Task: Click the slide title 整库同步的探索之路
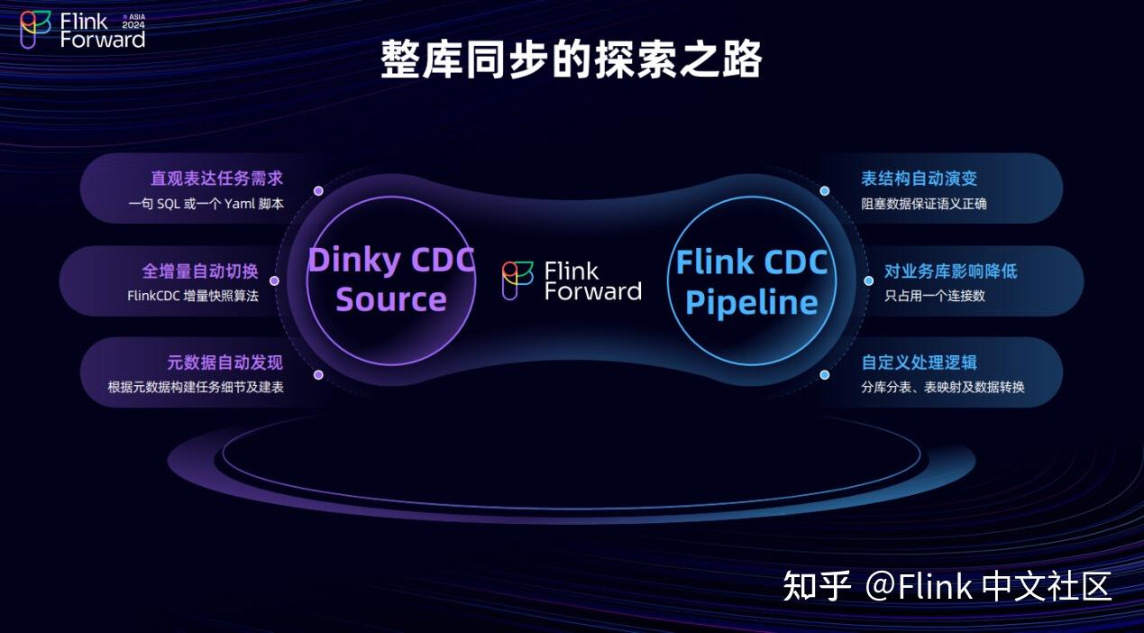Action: click(x=572, y=60)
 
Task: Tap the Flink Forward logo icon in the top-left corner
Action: click(x=36, y=30)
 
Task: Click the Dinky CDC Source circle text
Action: click(x=391, y=280)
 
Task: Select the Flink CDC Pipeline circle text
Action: click(x=752, y=281)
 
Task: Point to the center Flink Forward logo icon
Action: click(x=517, y=280)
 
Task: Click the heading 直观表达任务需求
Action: click(x=216, y=179)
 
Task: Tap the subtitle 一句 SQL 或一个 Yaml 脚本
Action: click(x=206, y=204)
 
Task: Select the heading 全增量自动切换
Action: click(x=200, y=271)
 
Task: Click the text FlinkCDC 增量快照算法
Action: click(x=193, y=296)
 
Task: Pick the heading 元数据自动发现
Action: click(x=225, y=362)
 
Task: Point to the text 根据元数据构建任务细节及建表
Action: click(x=196, y=388)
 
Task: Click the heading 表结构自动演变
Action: click(x=919, y=179)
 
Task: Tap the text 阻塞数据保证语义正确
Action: click(x=924, y=204)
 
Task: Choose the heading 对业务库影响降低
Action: click(x=950, y=271)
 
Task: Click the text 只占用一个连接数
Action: click(x=935, y=296)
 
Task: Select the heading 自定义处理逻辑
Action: click(x=919, y=362)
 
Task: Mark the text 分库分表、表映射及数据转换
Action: click(x=942, y=388)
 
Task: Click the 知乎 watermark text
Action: click(x=817, y=586)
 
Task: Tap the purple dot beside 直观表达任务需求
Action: click(x=318, y=191)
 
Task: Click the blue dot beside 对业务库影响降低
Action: click(x=869, y=280)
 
